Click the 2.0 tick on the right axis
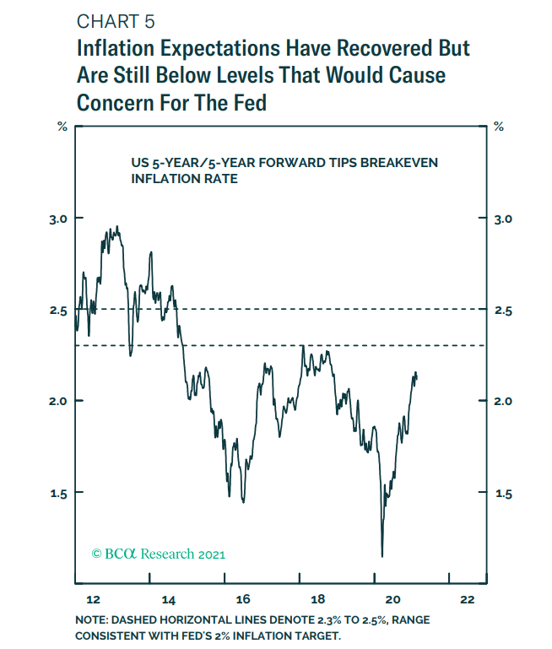click(503, 401)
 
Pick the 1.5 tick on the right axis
click(503, 493)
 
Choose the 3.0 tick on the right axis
click(503, 219)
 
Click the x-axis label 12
click(93, 600)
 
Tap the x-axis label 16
click(243, 600)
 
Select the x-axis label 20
click(392, 600)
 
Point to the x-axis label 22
click(468, 600)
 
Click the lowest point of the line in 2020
click(382, 555)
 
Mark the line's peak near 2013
click(117, 226)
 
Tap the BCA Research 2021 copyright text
click(159, 554)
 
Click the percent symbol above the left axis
click(62, 127)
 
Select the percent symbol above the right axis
click(499, 127)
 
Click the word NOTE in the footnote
click(90, 621)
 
